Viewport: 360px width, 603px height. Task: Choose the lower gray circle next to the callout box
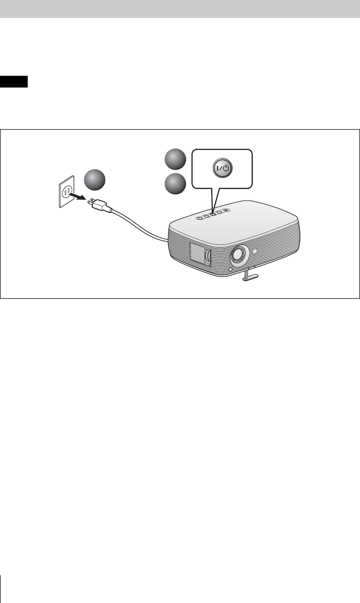pos(175,185)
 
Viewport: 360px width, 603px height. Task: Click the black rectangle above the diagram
pos(14,83)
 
